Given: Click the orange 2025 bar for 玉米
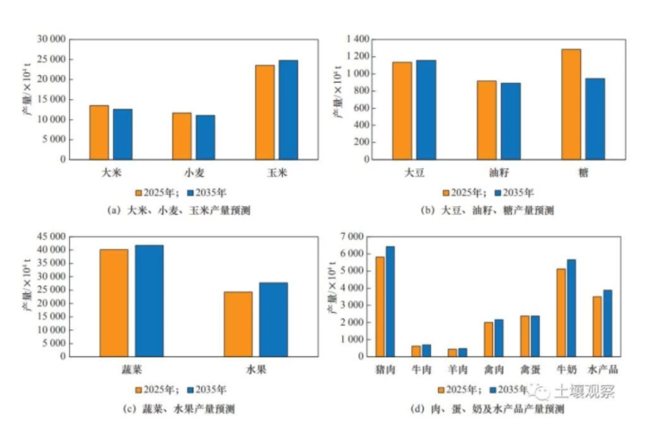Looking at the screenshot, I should (x=265, y=112).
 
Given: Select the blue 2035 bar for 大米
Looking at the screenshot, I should (x=122, y=134).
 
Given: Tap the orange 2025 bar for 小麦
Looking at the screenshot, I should (x=182, y=135).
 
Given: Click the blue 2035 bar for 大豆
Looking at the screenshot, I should (x=426, y=109).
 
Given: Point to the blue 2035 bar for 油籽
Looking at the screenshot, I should (x=510, y=121).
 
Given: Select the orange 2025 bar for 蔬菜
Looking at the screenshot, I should (x=114, y=303).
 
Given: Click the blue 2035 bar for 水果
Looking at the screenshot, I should (x=273, y=319).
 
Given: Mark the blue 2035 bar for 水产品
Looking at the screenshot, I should (x=607, y=322).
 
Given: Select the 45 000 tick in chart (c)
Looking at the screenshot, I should (x=49, y=236).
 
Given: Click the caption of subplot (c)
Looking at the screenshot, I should (x=170, y=408).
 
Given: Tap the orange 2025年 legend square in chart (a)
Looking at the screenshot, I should (x=137, y=192).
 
